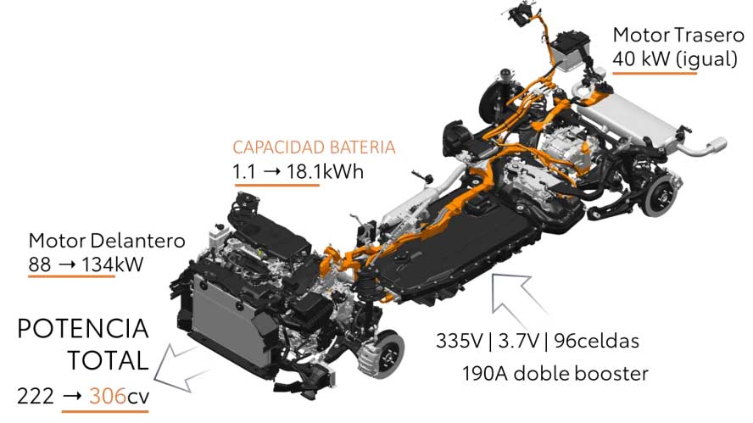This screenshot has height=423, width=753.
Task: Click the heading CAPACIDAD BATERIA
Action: point(314,147)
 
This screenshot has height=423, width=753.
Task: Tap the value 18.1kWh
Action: point(325,171)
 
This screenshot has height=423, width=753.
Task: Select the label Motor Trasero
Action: point(678,35)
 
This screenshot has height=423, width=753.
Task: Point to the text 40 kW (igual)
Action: point(675,58)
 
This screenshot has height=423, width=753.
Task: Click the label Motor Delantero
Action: point(107,241)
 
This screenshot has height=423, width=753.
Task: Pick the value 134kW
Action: point(113,264)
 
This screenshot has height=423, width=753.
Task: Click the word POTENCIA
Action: point(82,329)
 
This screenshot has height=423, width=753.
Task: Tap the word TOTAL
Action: point(108,360)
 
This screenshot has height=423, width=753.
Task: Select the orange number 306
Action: point(108,397)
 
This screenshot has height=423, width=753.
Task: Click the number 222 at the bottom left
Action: point(36,397)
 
